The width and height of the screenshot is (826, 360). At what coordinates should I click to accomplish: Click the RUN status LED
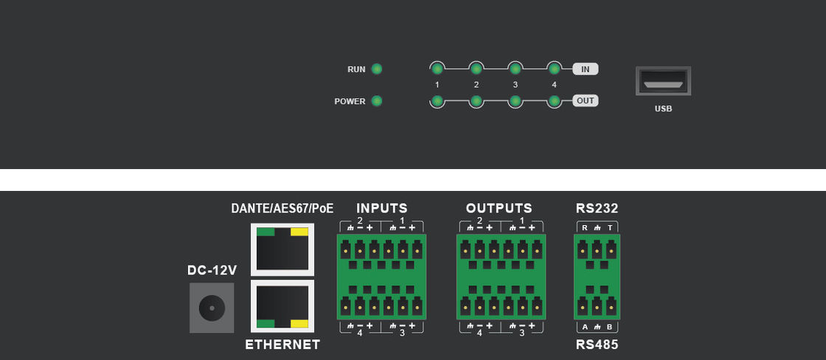point(377,69)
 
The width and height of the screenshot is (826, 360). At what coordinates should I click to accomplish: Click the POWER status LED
point(377,101)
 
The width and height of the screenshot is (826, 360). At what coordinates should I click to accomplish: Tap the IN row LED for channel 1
point(437,69)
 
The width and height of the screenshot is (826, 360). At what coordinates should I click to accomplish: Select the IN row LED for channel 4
point(555,69)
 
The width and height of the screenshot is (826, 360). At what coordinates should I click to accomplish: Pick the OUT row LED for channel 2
point(476,101)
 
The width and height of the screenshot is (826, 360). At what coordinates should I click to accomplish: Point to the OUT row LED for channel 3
point(516,101)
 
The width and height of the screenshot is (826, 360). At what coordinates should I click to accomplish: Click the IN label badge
point(586,69)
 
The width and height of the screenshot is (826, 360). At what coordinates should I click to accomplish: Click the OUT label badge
point(586,101)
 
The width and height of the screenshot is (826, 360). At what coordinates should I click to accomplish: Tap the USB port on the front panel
point(663,81)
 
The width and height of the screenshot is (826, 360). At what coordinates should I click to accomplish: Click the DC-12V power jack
point(212,307)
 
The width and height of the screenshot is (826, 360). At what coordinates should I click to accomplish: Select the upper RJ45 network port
point(282,249)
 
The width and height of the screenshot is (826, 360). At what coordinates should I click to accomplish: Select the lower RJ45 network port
point(282,306)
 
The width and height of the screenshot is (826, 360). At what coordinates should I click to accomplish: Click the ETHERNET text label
point(282,345)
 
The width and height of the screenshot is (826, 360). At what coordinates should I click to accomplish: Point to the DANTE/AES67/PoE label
point(282,209)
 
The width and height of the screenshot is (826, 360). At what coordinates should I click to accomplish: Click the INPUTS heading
point(382,209)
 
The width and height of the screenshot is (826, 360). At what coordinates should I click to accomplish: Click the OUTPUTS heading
point(499,209)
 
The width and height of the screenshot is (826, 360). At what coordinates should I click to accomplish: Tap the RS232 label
point(597,209)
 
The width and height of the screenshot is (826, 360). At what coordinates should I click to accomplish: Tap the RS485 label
point(597,345)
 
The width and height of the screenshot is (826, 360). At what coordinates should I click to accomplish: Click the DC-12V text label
point(212,271)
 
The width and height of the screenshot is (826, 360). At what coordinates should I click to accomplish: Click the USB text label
point(663,108)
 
